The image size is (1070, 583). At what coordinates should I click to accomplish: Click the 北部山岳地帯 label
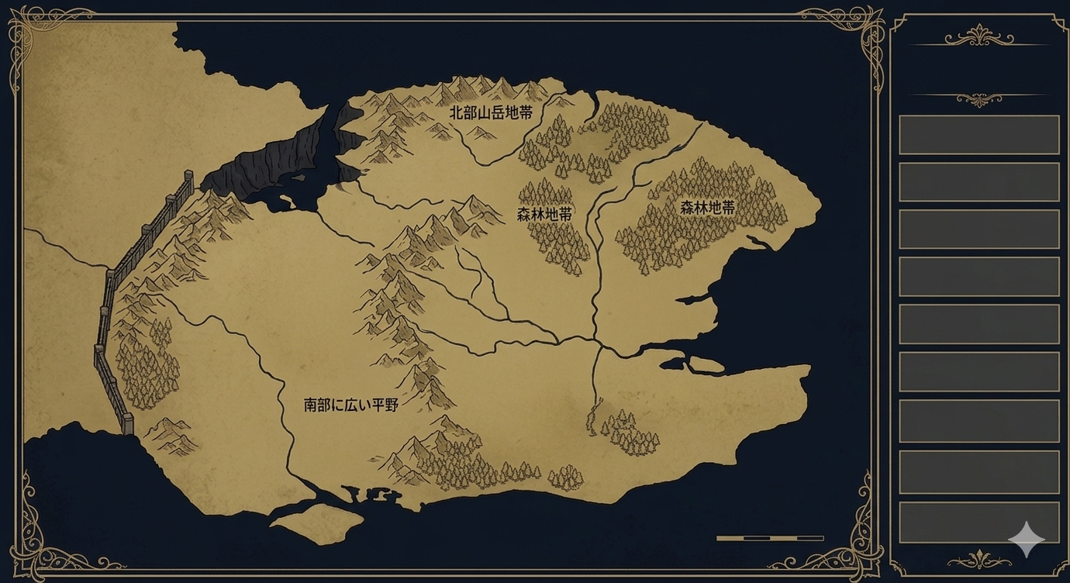click(x=491, y=112)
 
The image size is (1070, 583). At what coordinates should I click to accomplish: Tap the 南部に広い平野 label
click(x=350, y=405)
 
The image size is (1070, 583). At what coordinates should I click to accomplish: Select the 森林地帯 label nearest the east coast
click(x=707, y=208)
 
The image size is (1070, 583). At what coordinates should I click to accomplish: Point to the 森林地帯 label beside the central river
click(x=544, y=215)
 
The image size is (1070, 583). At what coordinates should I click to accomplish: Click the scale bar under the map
click(x=769, y=537)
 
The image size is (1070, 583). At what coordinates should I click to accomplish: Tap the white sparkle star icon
click(x=1026, y=539)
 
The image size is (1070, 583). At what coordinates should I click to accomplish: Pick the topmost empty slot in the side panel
click(x=979, y=135)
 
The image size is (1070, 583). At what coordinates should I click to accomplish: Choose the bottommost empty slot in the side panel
click(x=979, y=523)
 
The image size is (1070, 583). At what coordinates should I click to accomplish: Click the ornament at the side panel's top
click(x=979, y=36)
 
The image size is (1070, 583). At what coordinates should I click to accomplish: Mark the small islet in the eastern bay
click(x=706, y=364)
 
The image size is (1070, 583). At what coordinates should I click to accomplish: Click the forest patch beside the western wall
click(x=147, y=364)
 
